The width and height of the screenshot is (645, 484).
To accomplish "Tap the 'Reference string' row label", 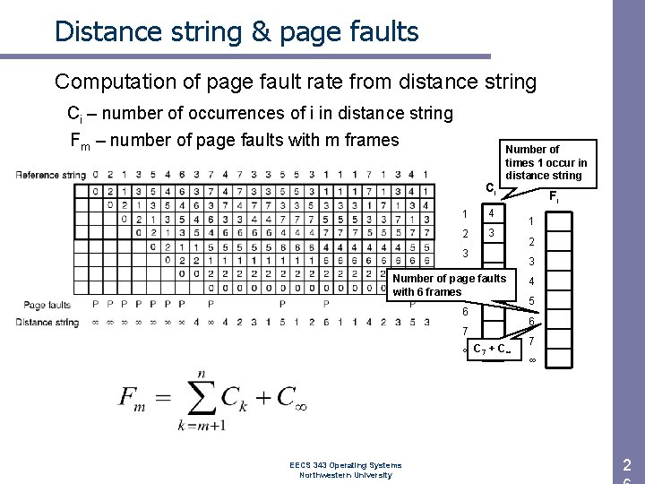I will click(50, 174).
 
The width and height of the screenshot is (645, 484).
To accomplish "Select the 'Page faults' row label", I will click(47, 305).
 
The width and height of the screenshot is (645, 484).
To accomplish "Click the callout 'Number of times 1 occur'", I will click(546, 162).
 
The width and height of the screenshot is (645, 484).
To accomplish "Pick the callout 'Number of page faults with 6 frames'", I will click(449, 285).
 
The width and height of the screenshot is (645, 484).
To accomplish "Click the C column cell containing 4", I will click(490, 213).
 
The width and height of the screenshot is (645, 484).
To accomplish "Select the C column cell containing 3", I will click(490, 233).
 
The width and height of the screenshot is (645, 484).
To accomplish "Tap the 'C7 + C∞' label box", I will click(492, 349).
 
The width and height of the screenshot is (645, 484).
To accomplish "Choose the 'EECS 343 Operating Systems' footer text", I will click(346, 464).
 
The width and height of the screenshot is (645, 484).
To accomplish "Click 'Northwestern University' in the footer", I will click(346, 475).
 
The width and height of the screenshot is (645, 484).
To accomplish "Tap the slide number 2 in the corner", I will click(627, 464).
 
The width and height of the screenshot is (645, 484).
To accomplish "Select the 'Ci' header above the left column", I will click(489, 190).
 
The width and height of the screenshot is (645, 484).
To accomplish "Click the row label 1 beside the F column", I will click(531, 221).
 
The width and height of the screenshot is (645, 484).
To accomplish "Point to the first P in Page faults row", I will click(96, 305).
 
